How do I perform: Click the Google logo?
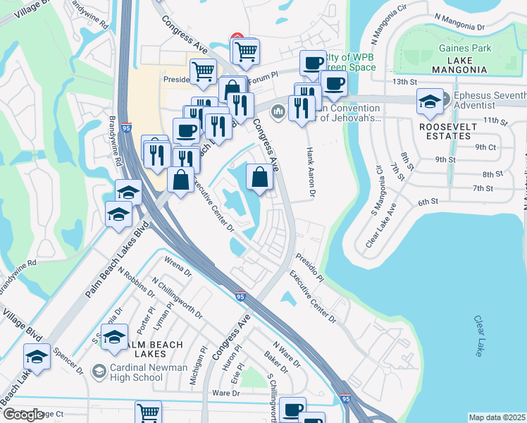pos(23,415)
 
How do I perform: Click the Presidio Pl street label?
pos(310,267)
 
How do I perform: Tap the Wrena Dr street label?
pos(178,270)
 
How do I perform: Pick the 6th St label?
pos(428,202)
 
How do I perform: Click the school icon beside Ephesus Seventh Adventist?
pos(429,103)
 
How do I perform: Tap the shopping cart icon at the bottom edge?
pos(148,412)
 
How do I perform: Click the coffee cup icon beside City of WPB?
pos(312,63)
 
